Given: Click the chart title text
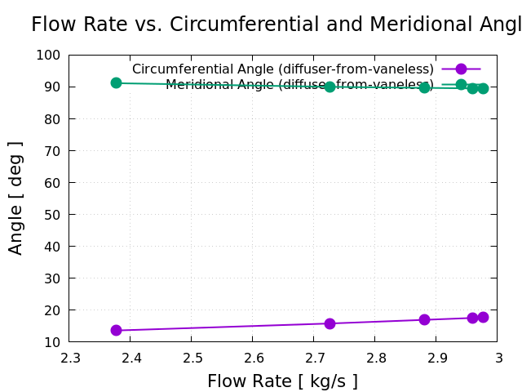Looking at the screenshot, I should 276,24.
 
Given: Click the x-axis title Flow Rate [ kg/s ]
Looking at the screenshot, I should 282,381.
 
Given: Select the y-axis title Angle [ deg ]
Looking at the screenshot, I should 15,198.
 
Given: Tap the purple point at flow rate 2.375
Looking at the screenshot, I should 116,330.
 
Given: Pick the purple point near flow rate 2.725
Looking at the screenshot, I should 330,323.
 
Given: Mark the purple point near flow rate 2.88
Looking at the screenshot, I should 424,319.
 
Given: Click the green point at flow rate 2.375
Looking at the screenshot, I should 116,82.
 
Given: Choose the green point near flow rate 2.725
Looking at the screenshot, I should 330,87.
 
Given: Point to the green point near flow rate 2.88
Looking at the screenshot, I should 424,87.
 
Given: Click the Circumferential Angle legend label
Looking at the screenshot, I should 282,69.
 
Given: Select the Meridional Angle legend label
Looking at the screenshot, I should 299,85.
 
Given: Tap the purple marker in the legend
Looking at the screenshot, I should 461,69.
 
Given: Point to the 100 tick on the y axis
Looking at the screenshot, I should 48,55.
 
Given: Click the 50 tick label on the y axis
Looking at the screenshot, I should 52,214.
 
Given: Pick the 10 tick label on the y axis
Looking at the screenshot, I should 52,342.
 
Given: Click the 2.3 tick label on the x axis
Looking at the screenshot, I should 69,358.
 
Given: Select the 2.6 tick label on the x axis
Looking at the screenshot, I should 253,358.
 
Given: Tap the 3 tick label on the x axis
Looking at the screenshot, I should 498,358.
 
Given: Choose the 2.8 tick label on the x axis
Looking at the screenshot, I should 375,358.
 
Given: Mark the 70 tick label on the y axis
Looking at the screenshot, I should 52,150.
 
